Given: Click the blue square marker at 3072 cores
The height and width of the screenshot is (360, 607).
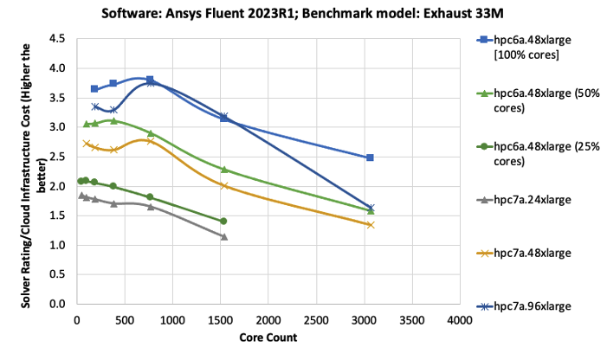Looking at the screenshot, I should (371, 157).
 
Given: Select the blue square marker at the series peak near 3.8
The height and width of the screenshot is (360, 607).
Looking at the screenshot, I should (150, 80).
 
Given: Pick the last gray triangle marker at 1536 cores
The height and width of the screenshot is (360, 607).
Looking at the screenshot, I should (223, 236).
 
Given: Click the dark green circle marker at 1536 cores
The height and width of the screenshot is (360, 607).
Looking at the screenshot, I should (223, 222).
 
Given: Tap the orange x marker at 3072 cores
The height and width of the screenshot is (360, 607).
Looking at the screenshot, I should (371, 225).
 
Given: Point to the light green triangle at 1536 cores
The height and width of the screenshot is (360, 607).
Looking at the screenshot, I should (223, 170).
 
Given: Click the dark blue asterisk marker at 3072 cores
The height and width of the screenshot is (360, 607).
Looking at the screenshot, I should (371, 208).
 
